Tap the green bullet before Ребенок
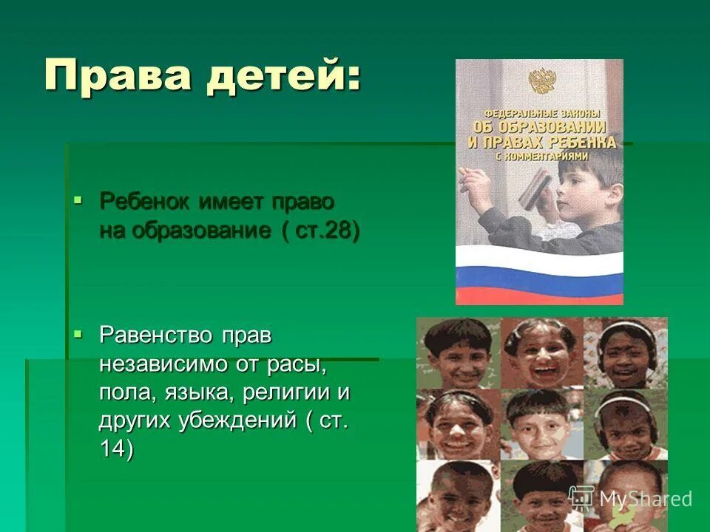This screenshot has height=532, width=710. [x=78, y=198]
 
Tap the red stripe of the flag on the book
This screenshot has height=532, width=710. [x=539, y=293]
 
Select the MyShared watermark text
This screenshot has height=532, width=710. [x=644, y=498]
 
